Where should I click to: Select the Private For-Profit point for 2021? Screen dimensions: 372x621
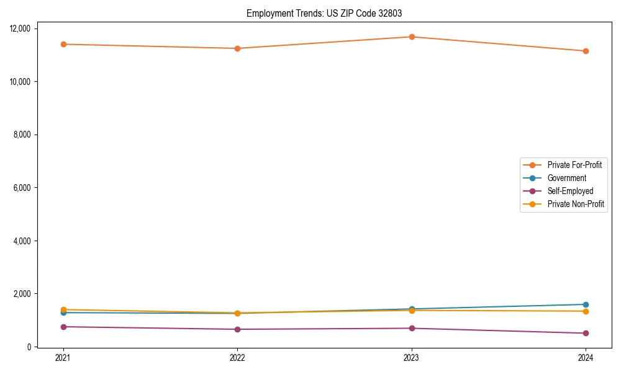coord(63,44)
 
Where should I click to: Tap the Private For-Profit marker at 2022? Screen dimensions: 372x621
coord(237,48)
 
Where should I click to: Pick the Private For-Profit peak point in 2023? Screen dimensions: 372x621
coord(412,37)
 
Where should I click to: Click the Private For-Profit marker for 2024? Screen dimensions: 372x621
coord(586,51)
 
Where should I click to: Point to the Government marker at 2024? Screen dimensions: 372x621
coord(586,304)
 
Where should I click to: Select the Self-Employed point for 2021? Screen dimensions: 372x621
coord(63,327)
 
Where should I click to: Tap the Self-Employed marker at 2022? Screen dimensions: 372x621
coord(237,329)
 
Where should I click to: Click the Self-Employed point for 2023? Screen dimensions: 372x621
coord(412,328)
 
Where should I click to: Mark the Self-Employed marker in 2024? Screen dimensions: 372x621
coord(586,333)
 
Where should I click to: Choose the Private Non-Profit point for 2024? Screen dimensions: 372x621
coord(586,311)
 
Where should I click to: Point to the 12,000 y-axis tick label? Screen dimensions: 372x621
coord(22,29)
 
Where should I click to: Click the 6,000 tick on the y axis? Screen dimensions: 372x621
coord(24,188)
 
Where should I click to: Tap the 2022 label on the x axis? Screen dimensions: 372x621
coord(237,357)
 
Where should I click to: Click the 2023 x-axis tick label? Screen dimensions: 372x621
coord(412,357)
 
